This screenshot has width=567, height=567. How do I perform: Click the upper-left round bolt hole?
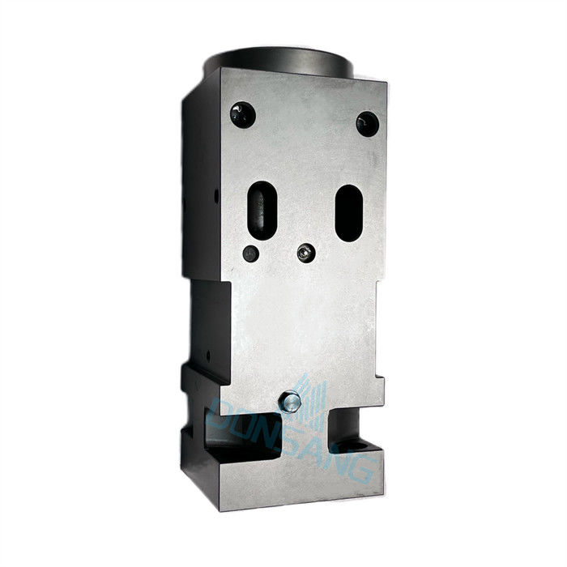243,115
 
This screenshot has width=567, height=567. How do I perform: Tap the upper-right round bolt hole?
368,124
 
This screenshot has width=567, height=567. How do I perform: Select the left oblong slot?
262,210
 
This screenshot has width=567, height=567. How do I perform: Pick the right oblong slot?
349,213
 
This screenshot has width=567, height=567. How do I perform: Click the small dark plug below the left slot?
250,254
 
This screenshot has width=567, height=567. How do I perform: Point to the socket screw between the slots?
306,253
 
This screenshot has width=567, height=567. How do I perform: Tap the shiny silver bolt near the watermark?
290,402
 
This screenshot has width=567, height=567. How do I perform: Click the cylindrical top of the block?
279,62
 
